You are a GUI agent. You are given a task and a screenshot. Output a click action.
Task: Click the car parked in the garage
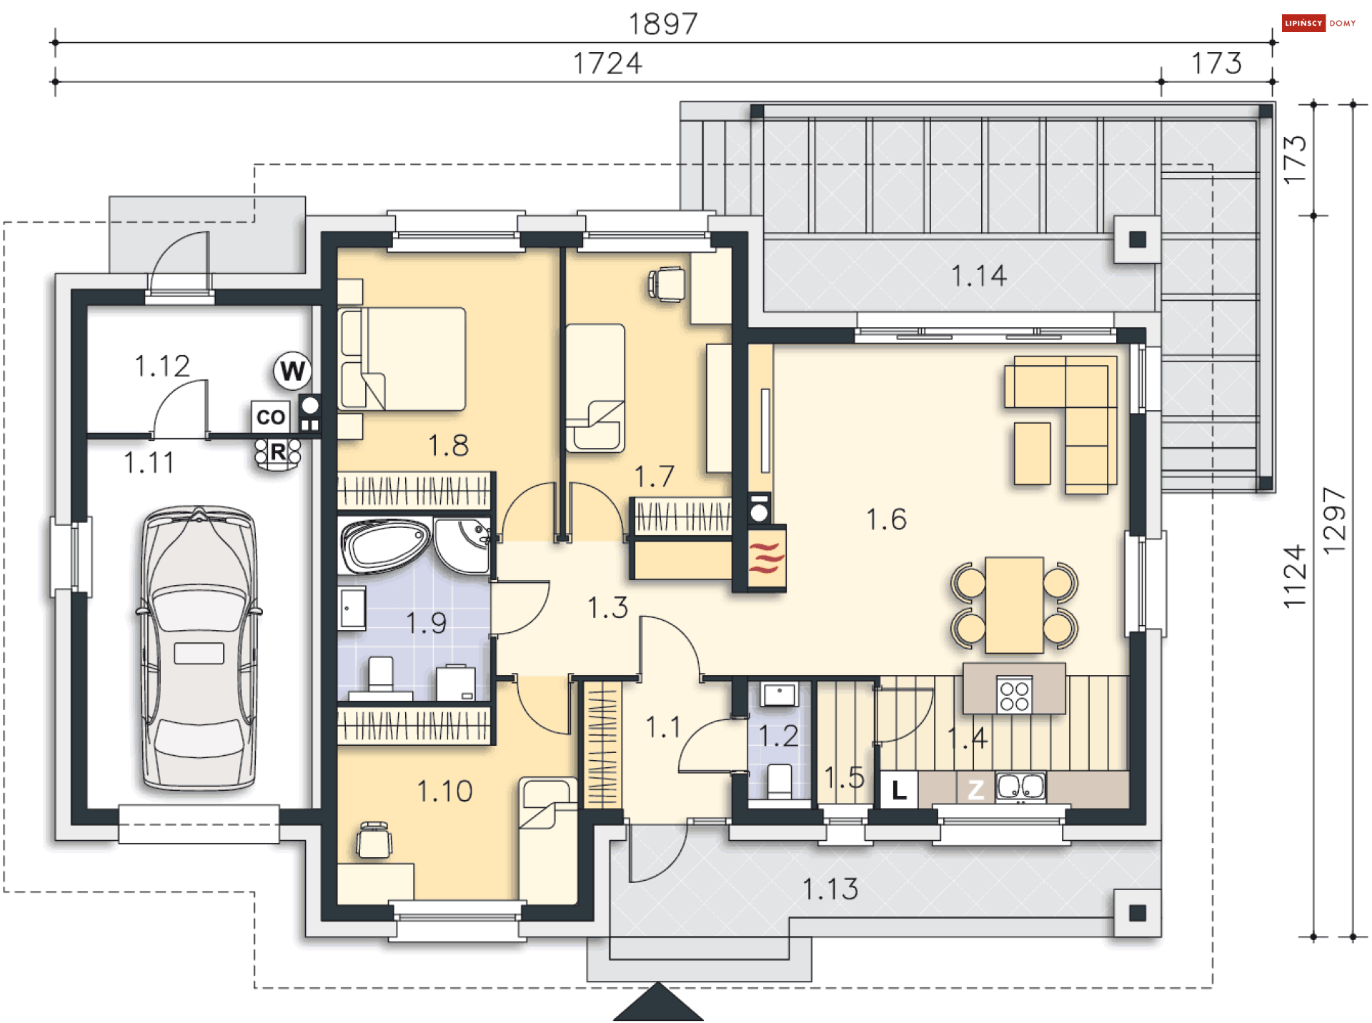tap(199, 649)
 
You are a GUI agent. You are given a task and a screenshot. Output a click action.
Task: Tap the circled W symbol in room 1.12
tap(292, 371)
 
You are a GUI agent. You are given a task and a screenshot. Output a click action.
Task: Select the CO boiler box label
tap(271, 417)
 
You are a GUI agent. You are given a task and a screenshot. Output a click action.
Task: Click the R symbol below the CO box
tap(278, 452)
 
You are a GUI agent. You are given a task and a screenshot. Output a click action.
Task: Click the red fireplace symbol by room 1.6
tap(766, 558)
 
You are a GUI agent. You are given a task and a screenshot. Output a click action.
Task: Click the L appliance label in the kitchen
tap(899, 789)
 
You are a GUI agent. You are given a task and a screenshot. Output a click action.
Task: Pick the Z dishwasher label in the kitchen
tap(975, 789)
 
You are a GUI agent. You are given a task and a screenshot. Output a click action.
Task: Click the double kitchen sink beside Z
tap(1020, 787)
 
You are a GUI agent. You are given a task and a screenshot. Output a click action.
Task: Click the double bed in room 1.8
tap(404, 359)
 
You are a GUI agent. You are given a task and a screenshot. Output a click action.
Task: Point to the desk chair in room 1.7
tap(667, 284)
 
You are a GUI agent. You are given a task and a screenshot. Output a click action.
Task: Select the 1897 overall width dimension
tap(662, 24)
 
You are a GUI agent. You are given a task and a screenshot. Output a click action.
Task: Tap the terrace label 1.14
tap(978, 276)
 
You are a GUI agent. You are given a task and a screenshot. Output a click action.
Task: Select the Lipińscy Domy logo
tap(1319, 23)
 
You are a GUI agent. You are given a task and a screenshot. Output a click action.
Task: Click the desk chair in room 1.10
tap(374, 840)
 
